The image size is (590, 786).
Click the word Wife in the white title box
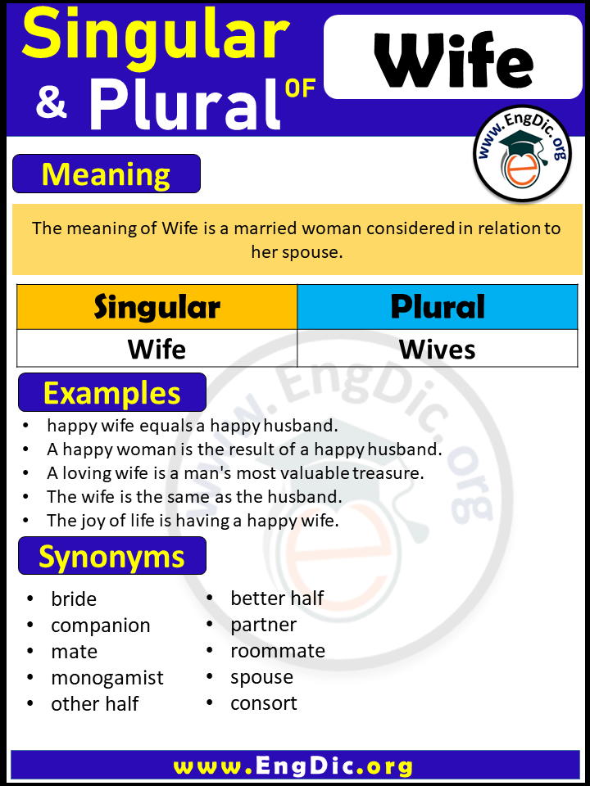tap(453, 61)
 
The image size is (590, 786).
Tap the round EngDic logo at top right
tap(522, 153)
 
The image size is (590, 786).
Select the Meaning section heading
tap(107, 174)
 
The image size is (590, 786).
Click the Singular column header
tap(157, 307)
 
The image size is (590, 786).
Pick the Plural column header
tap(438, 307)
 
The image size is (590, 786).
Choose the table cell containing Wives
tap(438, 350)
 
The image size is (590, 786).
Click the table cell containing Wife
tap(157, 350)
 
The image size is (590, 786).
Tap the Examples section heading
tap(111, 393)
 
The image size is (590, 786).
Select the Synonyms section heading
tap(111, 557)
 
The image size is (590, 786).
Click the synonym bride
tap(74, 599)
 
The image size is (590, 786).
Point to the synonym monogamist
tap(107, 678)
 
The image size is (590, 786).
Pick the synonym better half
tap(277, 599)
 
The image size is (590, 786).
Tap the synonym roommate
tap(278, 651)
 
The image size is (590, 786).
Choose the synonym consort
tap(264, 703)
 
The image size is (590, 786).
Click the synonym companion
tap(101, 626)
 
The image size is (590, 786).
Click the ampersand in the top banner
tap(51, 105)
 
